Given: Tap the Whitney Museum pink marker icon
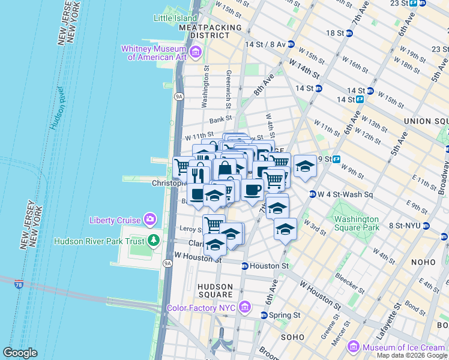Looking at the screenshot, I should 195,53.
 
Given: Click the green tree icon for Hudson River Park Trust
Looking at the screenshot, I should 154,241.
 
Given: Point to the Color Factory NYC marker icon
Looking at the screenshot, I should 244,308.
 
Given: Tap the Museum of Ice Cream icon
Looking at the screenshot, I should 353,347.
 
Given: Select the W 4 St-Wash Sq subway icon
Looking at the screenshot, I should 313,194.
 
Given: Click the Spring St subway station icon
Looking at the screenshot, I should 264,315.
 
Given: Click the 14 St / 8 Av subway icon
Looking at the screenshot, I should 291,44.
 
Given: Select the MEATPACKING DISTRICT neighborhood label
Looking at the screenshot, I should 209,32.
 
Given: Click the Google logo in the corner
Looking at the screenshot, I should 20,352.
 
